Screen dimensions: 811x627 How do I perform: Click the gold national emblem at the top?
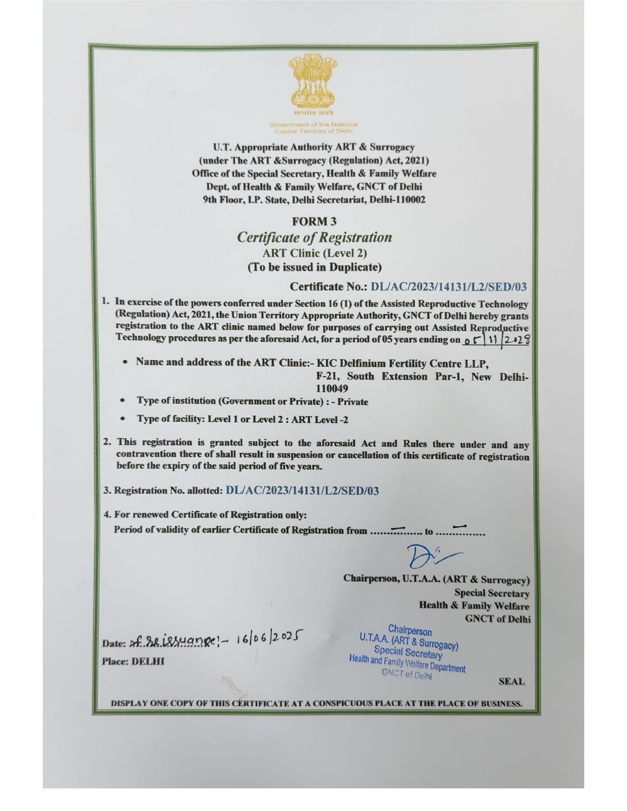pos(313,85)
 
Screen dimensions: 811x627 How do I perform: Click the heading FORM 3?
pos(314,222)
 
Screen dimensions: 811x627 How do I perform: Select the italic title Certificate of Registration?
pos(314,237)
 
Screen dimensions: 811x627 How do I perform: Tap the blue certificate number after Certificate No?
pos(448,287)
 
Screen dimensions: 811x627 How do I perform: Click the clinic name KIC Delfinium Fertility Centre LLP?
pos(402,364)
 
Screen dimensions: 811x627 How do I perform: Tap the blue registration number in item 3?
pos(302,491)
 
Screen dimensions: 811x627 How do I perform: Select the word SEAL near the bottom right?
pos(511,682)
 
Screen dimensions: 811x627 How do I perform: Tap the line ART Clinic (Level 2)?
pos(314,253)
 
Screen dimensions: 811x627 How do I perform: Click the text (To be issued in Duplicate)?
pos(314,267)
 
